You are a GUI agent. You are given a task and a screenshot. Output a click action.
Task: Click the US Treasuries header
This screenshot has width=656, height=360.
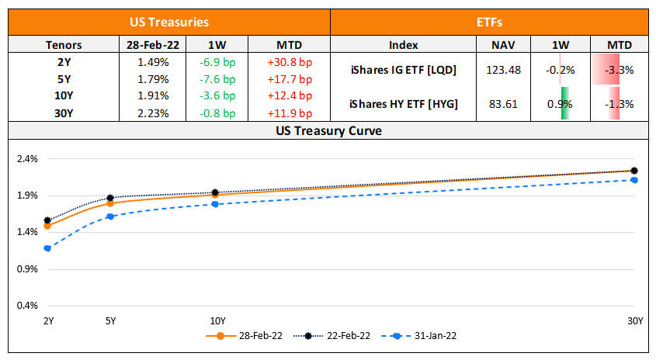pyautogui.click(x=169, y=22)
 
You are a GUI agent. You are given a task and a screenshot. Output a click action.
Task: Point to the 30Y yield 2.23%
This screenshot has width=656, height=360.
pyautogui.click(x=152, y=112)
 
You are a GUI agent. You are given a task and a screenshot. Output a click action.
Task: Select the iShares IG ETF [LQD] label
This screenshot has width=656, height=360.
pyautogui.click(x=403, y=70)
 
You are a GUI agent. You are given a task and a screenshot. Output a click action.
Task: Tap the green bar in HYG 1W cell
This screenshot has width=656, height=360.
pyautogui.click(x=564, y=103)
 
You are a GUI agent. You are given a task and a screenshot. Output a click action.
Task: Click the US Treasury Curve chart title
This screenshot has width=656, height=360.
pyautogui.click(x=328, y=130)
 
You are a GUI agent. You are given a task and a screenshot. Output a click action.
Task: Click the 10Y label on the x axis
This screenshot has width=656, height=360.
pyautogui.click(x=218, y=320)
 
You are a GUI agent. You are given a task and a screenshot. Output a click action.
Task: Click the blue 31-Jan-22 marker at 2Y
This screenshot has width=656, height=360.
pyautogui.click(x=47, y=248)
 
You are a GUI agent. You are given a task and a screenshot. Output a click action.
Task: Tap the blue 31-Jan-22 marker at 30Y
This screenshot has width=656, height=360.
pyautogui.click(x=634, y=180)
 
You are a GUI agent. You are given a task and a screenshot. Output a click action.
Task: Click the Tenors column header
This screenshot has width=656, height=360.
pyautogui.click(x=64, y=45)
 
